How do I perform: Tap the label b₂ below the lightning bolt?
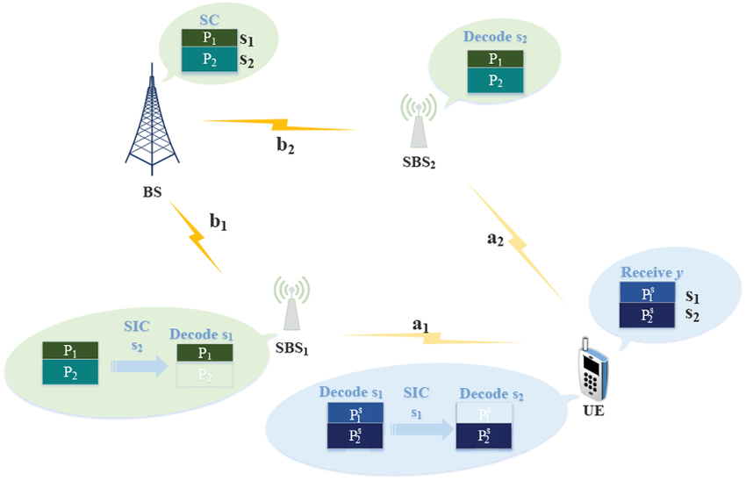tap(285, 147)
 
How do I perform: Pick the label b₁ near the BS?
tap(218, 223)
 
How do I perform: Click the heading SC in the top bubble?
tap(209, 18)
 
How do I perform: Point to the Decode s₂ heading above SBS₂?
tap(495, 38)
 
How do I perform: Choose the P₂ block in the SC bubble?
tap(209, 60)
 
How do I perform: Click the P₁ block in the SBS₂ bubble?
tap(495, 59)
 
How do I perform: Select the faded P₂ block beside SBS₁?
tap(204, 375)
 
